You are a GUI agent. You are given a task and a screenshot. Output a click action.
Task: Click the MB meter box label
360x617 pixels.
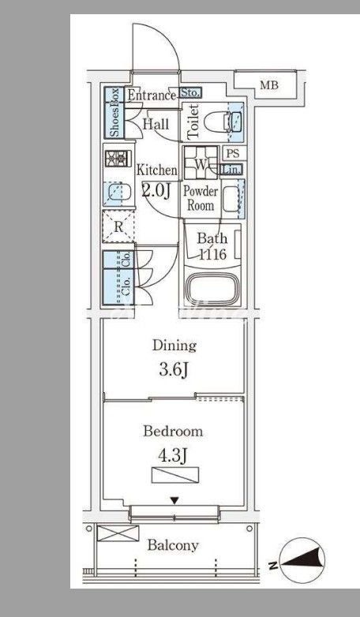(x=269, y=85)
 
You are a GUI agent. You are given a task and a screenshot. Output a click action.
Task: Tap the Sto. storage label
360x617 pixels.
(x=191, y=93)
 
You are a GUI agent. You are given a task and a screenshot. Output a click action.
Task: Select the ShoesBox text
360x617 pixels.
(x=114, y=113)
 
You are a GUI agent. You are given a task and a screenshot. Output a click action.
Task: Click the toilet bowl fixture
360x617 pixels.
(x=217, y=122)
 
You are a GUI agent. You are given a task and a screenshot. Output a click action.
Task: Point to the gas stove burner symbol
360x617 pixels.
(x=116, y=159)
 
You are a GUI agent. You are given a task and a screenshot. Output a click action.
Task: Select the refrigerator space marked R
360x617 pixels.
(x=118, y=226)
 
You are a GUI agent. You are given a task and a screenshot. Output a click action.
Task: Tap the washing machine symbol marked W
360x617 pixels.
(x=201, y=162)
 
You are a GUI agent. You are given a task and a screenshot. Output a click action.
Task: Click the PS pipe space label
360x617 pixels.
(x=233, y=153)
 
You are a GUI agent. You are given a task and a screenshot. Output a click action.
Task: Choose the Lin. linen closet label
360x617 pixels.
(x=231, y=170)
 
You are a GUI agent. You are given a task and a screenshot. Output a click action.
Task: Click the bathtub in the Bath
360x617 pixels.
(x=212, y=289)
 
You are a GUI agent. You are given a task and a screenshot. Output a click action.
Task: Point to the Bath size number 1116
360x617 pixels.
(x=212, y=254)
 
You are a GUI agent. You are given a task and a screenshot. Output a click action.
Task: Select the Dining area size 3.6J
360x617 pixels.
(x=174, y=370)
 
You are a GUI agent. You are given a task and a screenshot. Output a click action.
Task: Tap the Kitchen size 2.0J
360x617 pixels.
(x=156, y=192)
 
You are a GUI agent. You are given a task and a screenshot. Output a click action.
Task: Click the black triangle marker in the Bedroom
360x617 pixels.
(x=174, y=500)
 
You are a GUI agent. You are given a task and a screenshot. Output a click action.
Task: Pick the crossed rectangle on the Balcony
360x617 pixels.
(x=118, y=533)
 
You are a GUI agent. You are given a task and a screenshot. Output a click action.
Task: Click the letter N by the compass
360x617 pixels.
(x=272, y=566)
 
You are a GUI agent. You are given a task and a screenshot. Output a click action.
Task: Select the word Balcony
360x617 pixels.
(x=173, y=546)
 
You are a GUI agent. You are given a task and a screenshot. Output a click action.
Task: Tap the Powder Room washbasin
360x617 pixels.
(x=231, y=199)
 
